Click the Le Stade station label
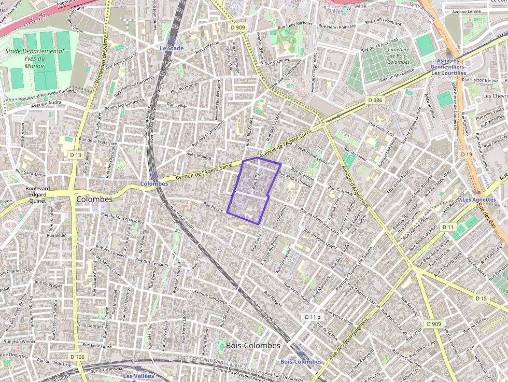click(171, 48)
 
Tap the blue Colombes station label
click(154, 183)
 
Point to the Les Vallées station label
click(138, 375)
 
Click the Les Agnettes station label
click(478, 200)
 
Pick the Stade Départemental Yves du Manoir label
click(35, 59)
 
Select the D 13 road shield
click(76, 155)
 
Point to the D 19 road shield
click(466, 154)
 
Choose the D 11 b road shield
click(313, 316)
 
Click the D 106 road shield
click(77, 357)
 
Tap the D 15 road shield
click(481, 299)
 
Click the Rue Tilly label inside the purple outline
click(255, 180)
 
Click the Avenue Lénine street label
click(466, 11)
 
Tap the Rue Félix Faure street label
click(97, 346)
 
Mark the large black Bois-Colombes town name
click(253, 345)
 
